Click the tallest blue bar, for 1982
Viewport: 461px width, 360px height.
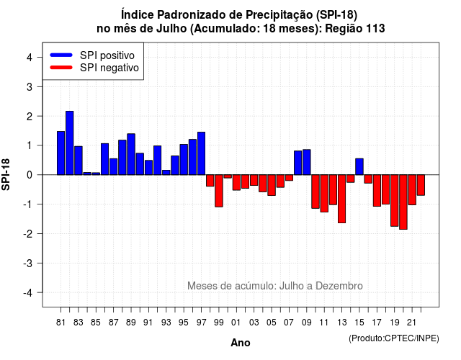coord(70,143)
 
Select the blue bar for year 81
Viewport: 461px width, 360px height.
coord(61,153)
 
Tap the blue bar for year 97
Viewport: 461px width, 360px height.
coord(202,153)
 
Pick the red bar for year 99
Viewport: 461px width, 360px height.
coord(219,191)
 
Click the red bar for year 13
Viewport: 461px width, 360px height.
coord(341,199)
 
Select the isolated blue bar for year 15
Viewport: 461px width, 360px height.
coord(359,166)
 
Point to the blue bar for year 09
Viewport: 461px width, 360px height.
coord(307,162)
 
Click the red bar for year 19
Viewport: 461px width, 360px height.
coord(395,200)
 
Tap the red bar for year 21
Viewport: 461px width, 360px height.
coord(412,190)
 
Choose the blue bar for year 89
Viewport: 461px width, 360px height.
coord(131,154)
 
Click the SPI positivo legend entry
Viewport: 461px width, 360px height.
coord(92,55)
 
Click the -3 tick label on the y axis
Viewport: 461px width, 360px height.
coord(28,263)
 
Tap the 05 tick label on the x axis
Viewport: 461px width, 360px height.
coord(272,323)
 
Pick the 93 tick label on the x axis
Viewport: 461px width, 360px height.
coord(166,323)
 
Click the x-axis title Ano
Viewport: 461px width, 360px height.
coord(241,343)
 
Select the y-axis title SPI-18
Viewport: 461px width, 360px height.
coord(6,174)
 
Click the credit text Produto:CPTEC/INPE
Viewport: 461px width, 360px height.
coord(394,338)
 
